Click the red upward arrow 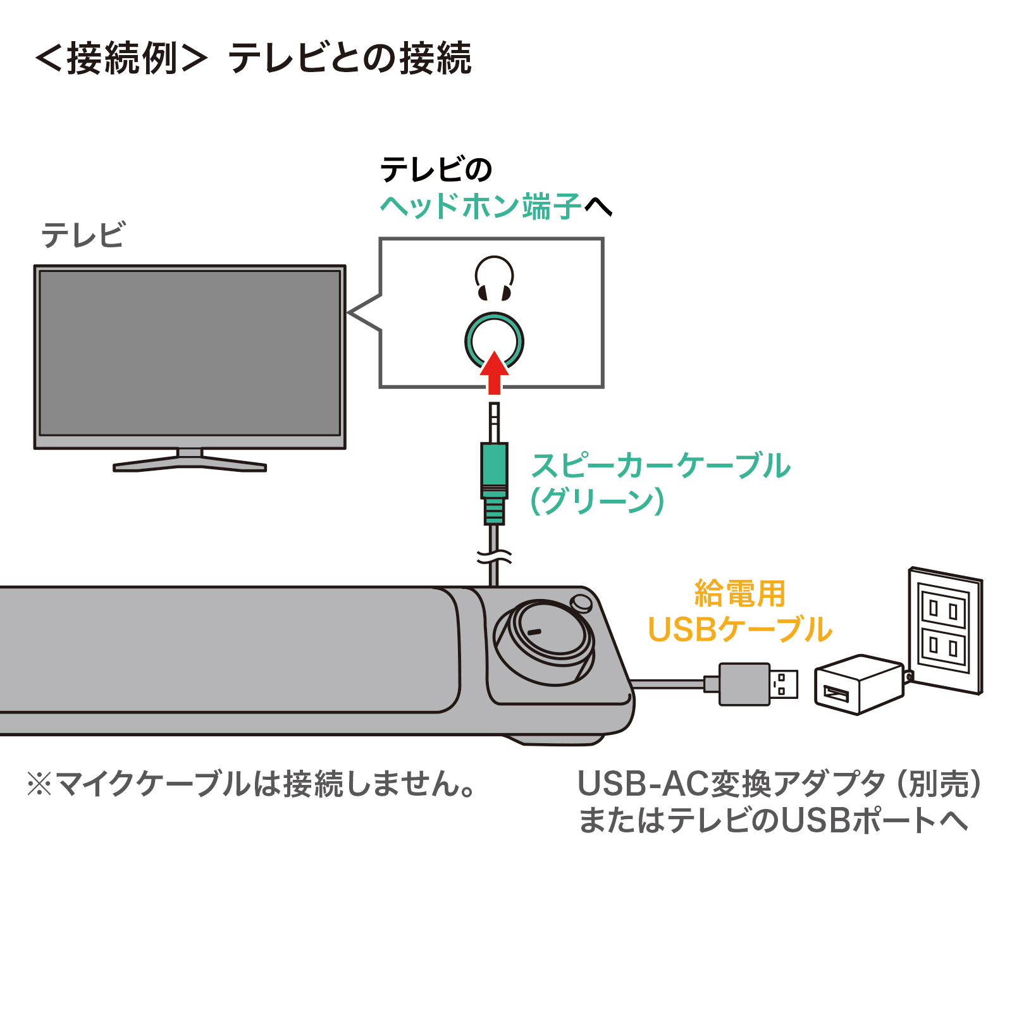(494, 373)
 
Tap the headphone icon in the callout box (494, 278)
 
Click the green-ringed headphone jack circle (494, 340)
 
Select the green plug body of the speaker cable (494, 465)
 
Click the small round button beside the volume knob (581, 602)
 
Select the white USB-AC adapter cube (859, 684)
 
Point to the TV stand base (190, 463)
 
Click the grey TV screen (190, 353)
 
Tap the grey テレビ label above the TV (83, 235)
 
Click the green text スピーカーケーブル (660, 466)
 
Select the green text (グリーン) (597, 501)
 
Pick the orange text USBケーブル (740, 629)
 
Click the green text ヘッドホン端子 (481, 206)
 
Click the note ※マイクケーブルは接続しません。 (251, 784)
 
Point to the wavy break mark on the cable (494, 557)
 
